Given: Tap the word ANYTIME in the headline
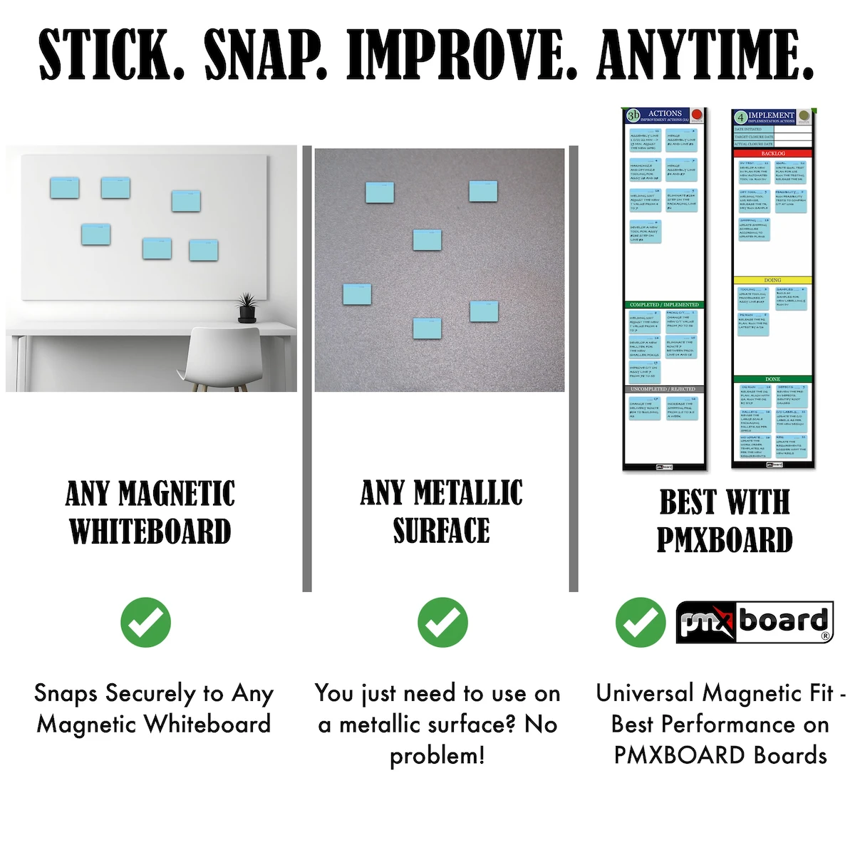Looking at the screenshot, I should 706,55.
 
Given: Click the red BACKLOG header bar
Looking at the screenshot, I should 772,153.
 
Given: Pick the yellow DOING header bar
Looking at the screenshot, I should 772,280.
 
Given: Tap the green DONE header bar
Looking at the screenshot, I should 772,379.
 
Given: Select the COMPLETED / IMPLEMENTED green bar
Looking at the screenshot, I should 664,304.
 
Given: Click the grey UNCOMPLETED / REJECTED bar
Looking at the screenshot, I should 664,389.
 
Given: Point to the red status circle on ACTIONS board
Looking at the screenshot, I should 697,115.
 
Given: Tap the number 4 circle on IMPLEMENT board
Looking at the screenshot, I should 741,117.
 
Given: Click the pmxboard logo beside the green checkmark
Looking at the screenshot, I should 754,622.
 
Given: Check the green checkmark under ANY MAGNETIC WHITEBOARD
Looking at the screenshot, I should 146,622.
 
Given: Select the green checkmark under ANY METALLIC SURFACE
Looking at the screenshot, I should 442,622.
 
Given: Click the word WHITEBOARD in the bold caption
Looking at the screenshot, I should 150,532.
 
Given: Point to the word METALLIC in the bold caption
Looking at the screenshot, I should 468,493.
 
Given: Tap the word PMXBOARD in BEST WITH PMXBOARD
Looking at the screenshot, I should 725,540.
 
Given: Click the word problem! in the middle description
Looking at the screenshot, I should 437,755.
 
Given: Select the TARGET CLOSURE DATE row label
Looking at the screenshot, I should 754,137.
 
